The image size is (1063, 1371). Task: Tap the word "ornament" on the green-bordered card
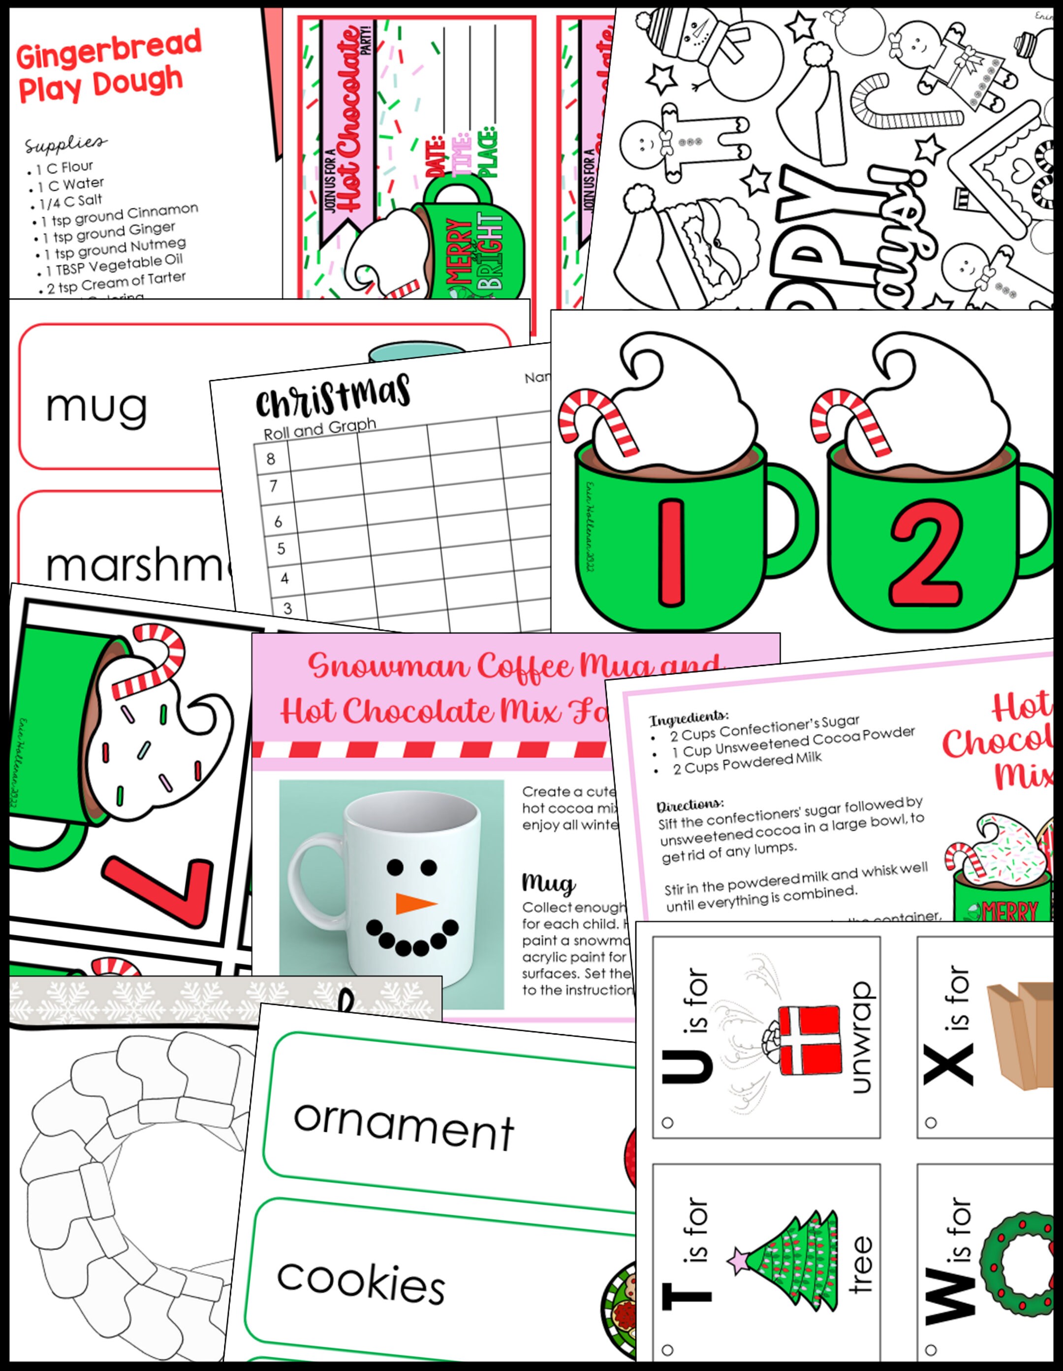[x=404, y=1127]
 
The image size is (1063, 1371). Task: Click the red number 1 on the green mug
[x=672, y=553]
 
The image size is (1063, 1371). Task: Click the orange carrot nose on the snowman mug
[x=415, y=903]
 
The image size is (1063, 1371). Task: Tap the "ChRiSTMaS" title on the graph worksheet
[x=333, y=396]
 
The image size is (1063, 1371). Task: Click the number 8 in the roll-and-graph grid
[x=271, y=458]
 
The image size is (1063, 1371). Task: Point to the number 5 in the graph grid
[x=281, y=548]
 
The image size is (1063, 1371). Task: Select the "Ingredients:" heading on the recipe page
[x=689, y=718]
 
